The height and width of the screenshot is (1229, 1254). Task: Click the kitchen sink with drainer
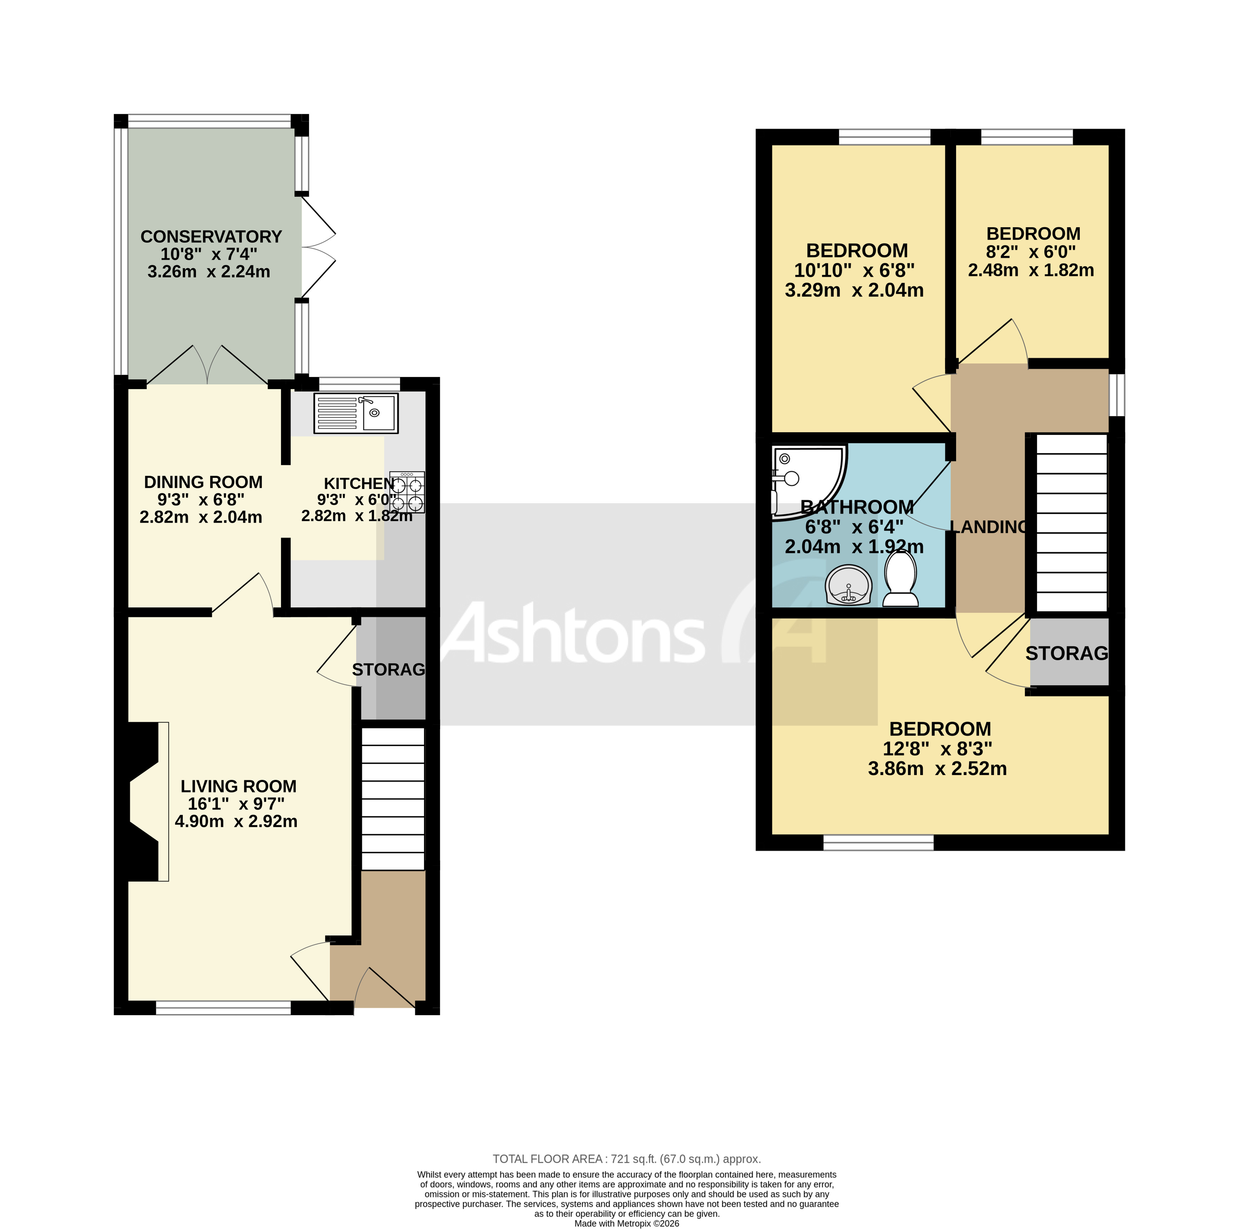coord(356,413)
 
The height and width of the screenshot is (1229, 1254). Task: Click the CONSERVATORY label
coord(211,237)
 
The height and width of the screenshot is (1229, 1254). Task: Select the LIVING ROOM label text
coord(238,786)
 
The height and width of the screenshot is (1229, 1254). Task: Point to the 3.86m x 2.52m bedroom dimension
coord(937,769)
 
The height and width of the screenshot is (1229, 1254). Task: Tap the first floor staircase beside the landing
coord(1071,523)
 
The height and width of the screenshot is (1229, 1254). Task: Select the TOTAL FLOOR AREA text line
coord(626,1159)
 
